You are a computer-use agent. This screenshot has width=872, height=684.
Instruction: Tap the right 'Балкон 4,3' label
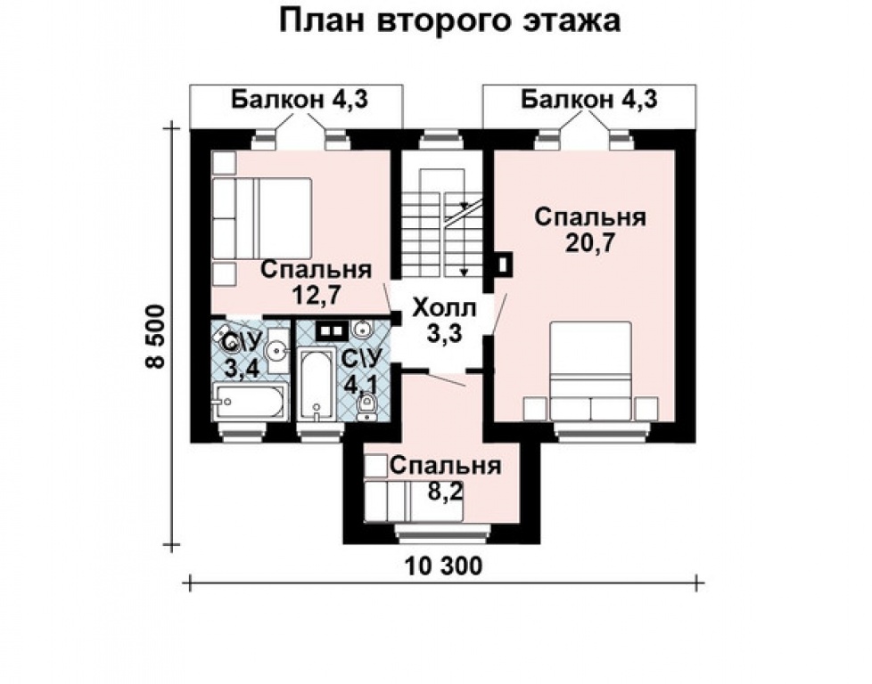(x=589, y=100)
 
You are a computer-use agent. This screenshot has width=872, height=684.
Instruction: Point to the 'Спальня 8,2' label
(x=443, y=477)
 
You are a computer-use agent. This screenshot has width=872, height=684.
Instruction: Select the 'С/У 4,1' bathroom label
(x=359, y=373)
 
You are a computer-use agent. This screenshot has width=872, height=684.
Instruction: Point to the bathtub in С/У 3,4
(x=251, y=402)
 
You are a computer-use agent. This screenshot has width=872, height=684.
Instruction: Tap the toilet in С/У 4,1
(x=366, y=407)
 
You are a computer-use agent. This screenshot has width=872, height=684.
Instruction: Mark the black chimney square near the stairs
(x=504, y=265)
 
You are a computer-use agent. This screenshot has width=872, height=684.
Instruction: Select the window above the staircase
(x=442, y=138)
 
